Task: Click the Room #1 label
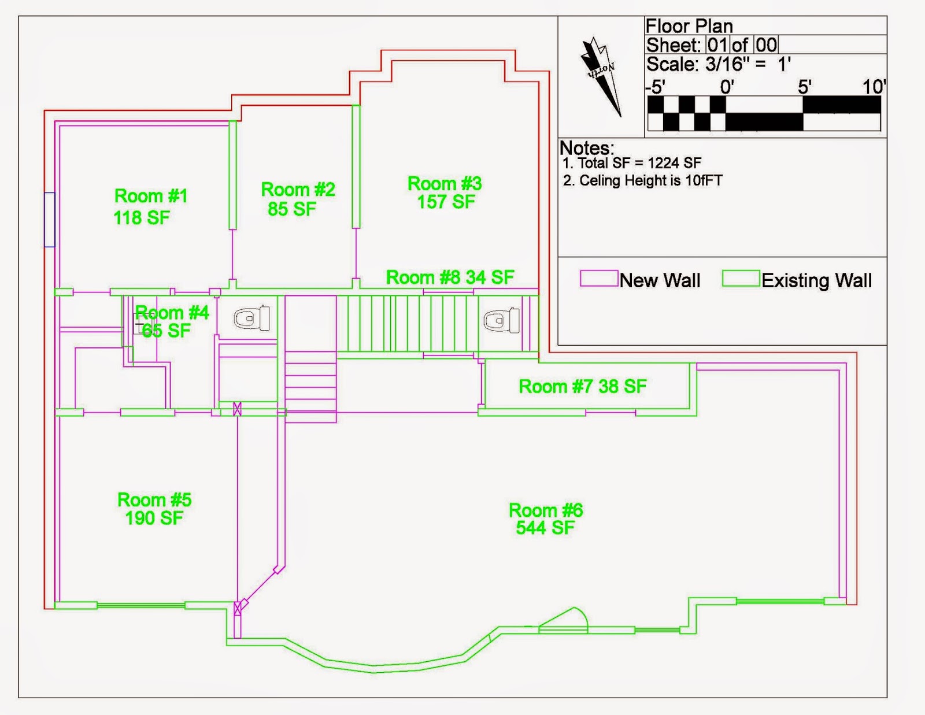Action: pyautogui.click(x=151, y=196)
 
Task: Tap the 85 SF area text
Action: pyautogui.click(x=292, y=209)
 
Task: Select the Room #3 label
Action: pyautogui.click(x=445, y=184)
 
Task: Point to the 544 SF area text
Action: pyautogui.click(x=545, y=528)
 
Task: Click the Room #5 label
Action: pyautogui.click(x=154, y=500)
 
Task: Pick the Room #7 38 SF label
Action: pyautogui.click(x=582, y=386)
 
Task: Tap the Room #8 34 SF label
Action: pyautogui.click(x=450, y=277)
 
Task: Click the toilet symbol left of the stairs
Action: pyautogui.click(x=252, y=318)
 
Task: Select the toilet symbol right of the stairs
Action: pyautogui.click(x=502, y=320)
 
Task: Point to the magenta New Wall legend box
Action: pyautogui.click(x=599, y=278)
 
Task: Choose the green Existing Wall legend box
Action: pyautogui.click(x=741, y=278)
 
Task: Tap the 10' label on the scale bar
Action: pyautogui.click(x=874, y=87)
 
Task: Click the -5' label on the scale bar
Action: pyautogui.click(x=655, y=87)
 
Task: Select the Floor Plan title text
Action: pyautogui.click(x=689, y=26)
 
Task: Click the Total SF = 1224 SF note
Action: pyautogui.click(x=632, y=163)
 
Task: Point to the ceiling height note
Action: pyautogui.click(x=643, y=181)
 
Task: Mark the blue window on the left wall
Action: pyautogui.click(x=50, y=220)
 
